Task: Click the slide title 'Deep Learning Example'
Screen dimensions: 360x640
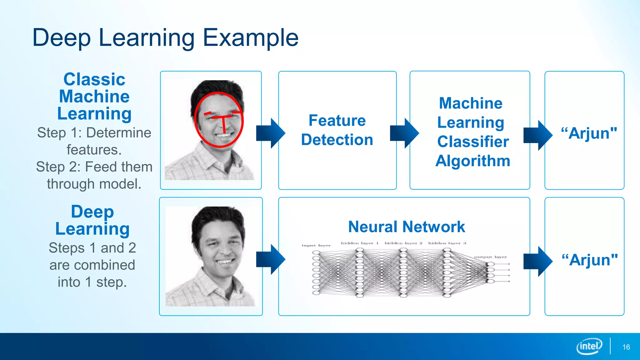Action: [165, 38]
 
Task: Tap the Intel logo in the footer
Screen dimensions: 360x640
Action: [589, 346]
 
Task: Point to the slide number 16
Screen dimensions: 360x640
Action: [626, 347]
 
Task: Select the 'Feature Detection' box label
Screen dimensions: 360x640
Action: [337, 130]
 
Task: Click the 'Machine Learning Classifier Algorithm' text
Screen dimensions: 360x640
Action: [472, 132]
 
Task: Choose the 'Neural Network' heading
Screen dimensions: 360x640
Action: [407, 227]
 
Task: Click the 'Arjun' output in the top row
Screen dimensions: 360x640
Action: [589, 133]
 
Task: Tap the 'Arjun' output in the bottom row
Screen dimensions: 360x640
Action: [589, 260]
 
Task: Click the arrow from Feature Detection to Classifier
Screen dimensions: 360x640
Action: [404, 133]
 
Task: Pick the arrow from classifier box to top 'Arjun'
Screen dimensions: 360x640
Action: [538, 135]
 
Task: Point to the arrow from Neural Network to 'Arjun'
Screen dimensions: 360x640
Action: [538, 261]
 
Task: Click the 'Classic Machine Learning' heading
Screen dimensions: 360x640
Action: [94, 96]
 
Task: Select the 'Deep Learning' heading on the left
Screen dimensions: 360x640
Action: [92, 220]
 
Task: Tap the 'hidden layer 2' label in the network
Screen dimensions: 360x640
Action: [403, 243]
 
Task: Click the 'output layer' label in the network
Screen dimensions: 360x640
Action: [490, 257]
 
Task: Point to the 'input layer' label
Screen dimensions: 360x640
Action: [316, 246]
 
